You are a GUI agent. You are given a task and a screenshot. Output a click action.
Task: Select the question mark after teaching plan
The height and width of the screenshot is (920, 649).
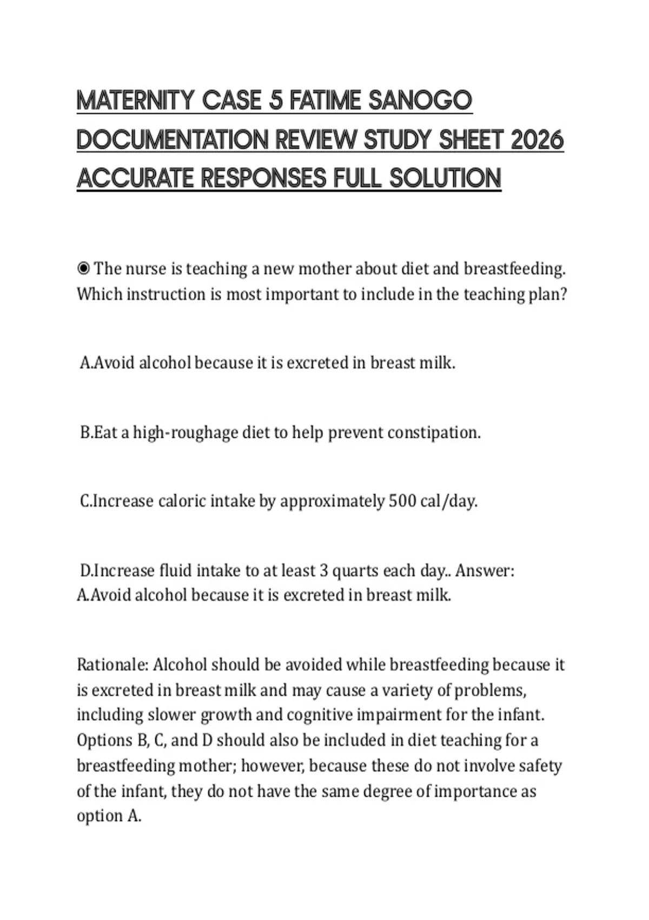tap(563, 294)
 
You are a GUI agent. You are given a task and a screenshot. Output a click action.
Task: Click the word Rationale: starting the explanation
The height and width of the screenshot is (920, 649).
tap(112, 665)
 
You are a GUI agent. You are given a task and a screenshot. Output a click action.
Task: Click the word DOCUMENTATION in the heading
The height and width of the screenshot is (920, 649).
tap(173, 140)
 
